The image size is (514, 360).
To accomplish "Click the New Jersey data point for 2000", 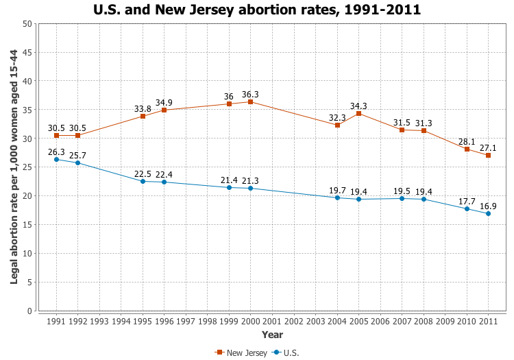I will pyautogui.click(x=251, y=102).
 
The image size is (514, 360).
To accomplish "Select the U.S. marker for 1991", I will pyautogui.click(x=56, y=159).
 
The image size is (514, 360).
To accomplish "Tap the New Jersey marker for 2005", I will pyautogui.click(x=358, y=113).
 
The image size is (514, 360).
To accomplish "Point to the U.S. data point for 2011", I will pyautogui.click(x=488, y=213).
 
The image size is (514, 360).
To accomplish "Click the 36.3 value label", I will pyautogui.click(x=250, y=95).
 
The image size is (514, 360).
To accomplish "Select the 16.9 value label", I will pyautogui.click(x=487, y=205).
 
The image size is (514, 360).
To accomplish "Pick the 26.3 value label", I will pyautogui.click(x=57, y=152).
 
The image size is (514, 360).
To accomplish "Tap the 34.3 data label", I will pyautogui.click(x=358, y=106).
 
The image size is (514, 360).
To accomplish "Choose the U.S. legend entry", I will pyautogui.click(x=286, y=352).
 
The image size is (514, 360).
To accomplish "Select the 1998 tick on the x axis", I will pyautogui.click(x=208, y=321).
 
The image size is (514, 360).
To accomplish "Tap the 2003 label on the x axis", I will pyautogui.click(x=315, y=321).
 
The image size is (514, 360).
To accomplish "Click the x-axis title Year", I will pyautogui.click(x=272, y=335).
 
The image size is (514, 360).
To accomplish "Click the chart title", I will pyautogui.click(x=257, y=10).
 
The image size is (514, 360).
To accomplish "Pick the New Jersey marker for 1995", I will pyautogui.click(x=143, y=117).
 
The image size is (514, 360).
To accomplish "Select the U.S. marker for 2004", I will pyautogui.click(x=337, y=197).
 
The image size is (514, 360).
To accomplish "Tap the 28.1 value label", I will pyautogui.click(x=466, y=141).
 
